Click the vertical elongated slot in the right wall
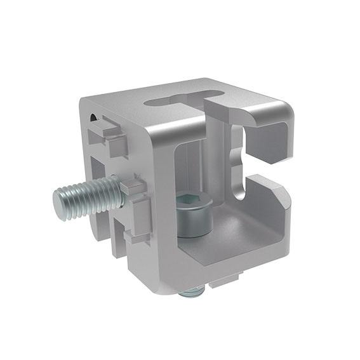237,159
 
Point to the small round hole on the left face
95,117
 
